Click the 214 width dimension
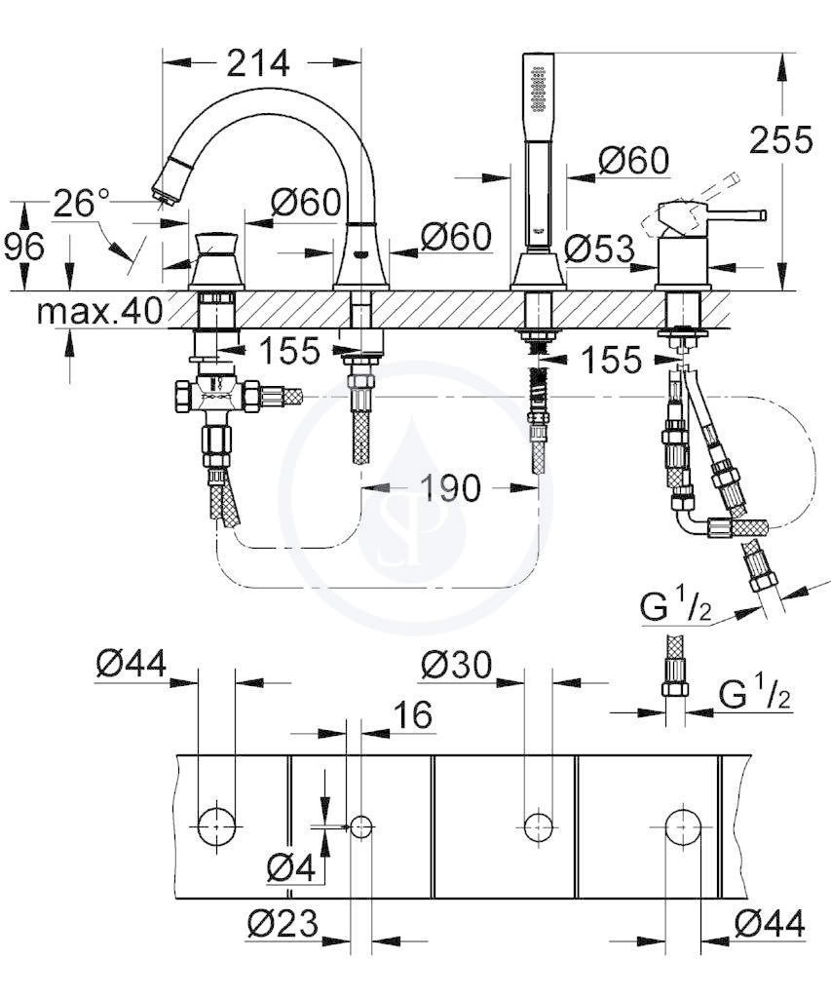pyautogui.click(x=258, y=63)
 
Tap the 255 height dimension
pyautogui.click(x=780, y=139)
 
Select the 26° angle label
pyautogui.click(x=82, y=203)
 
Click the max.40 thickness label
pyautogui.click(x=100, y=311)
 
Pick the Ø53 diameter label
pyautogui.click(x=599, y=249)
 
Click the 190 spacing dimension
pyautogui.click(x=450, y=488)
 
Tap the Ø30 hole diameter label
pyautogui.click(x=456, y=666)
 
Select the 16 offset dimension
pyautogui.click(x=414, y=714)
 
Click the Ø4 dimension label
pyautogui.click(x=291, y=866)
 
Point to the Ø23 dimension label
pyautogui.click(x=283, y=923)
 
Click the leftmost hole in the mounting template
pyautogui.click(x=216, y=826)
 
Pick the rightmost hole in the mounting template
pyautogui.click(x=683, y=826)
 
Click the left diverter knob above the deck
pyautogui.click(x=217, y=261)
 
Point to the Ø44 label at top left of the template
pyautogui.click(x=132, y=663)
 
